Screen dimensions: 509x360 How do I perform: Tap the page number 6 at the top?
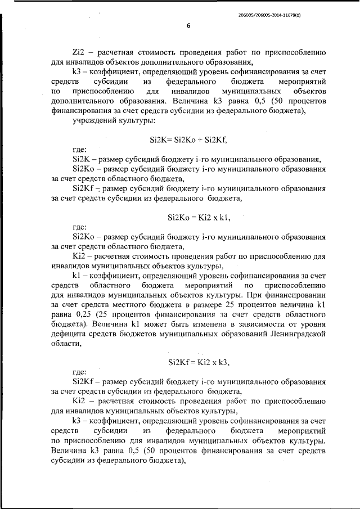coord(189,26)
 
